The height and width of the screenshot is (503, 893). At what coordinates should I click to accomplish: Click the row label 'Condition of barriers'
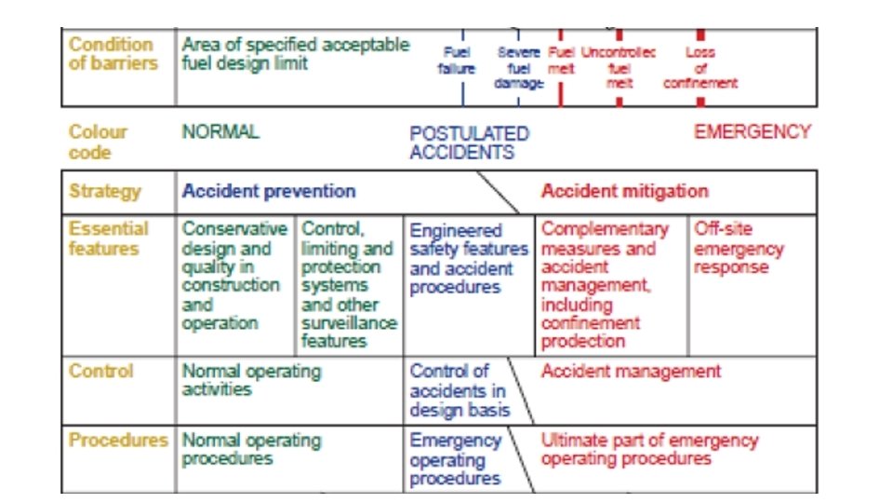pos(111,54)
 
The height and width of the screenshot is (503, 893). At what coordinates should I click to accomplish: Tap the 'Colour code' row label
pos(98,142)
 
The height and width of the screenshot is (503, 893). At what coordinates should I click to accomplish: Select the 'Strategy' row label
pos(105,192)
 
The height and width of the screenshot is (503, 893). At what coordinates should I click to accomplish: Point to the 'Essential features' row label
pos(108,238)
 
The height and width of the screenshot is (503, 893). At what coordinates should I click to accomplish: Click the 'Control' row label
pos(100,371)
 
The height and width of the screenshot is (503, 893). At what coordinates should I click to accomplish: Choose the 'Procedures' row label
pos(118,441)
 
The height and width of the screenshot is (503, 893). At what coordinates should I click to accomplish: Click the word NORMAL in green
pos(220,132)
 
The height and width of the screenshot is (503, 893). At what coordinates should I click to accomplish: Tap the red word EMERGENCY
pos(753,132)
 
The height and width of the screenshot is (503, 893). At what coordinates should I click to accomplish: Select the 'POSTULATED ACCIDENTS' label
pos(469,143)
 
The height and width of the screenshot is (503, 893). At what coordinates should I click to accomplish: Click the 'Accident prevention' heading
pos(269,192)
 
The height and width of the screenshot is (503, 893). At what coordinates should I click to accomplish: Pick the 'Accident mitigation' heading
pos(624,192)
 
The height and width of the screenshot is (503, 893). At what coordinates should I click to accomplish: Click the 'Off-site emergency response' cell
pos(739,249)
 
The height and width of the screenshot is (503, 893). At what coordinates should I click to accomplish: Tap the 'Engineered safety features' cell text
pos(468,259)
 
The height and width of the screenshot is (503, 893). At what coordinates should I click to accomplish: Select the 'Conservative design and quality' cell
pos(234,277)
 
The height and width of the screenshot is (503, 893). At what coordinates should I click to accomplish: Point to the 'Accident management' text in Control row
pos(631,371)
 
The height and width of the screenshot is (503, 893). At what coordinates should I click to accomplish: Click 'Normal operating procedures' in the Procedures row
pos(251,449)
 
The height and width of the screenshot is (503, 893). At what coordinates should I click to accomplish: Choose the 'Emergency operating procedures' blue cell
pos(455,459)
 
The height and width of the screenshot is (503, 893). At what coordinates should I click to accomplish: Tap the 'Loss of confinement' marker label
pos(700,68)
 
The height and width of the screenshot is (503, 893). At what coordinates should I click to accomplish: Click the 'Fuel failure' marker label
pos(457,61)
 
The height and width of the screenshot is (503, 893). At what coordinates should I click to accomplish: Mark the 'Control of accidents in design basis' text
pos(460,390)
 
